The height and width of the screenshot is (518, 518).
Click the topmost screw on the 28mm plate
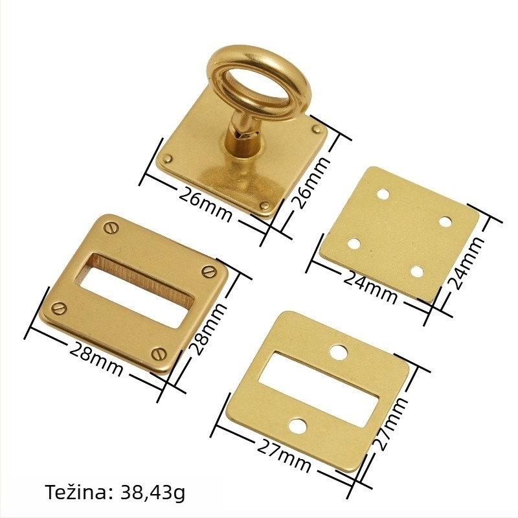[x=111, y=228]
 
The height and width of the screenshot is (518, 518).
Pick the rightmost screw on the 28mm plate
[x=208, y=271]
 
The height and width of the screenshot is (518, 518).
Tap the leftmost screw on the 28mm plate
[x=60, y=309]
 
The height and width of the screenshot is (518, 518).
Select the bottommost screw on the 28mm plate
[x=159, y=354]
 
